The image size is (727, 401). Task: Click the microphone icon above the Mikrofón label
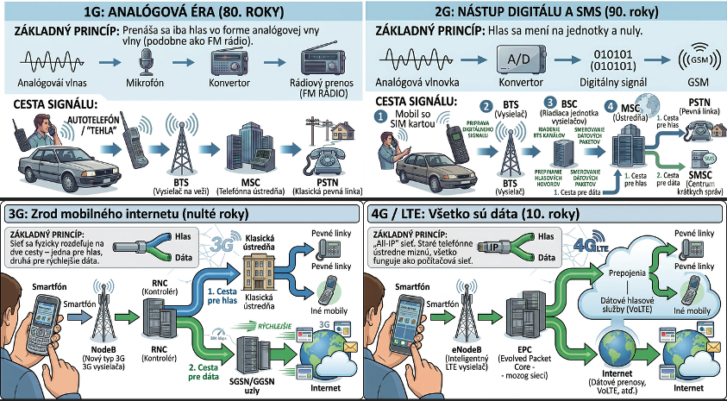(146, 61)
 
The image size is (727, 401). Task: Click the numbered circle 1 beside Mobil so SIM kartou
(381, 116)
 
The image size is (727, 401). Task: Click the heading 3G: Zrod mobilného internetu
(124, 212)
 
